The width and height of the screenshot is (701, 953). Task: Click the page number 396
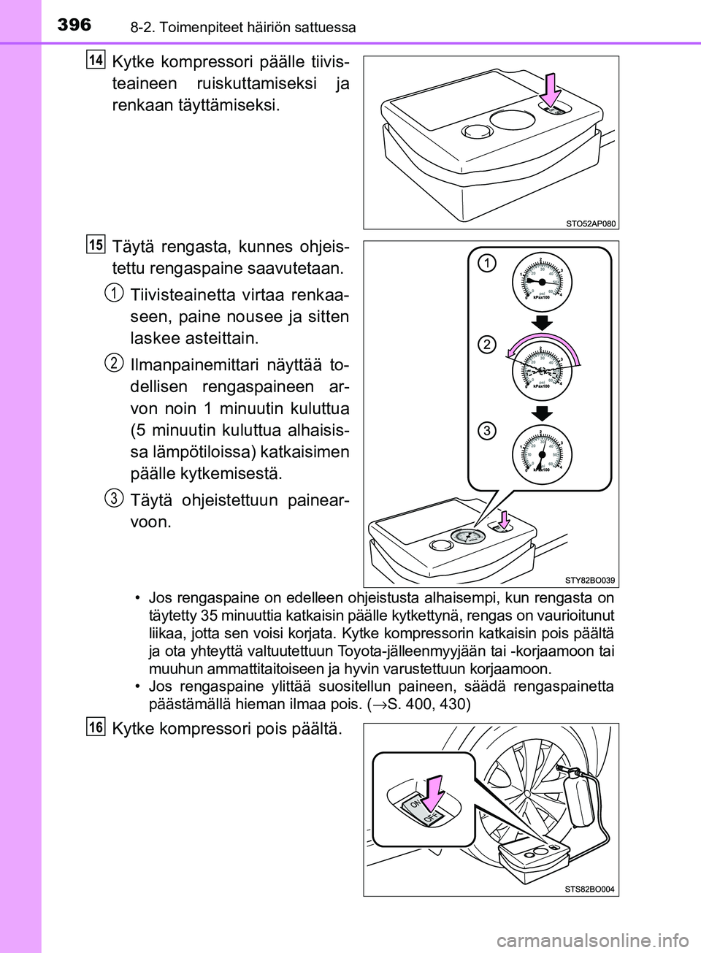pos(74,25)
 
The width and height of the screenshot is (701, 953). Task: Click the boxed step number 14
pos(96,59)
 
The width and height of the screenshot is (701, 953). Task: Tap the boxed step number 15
pos(96,244)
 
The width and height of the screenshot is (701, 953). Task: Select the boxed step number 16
pos(96,727)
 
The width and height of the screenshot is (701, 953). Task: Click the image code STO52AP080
pos(590,223)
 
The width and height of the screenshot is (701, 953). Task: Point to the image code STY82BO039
pos(589,580)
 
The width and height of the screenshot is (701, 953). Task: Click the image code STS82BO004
pos(589,889)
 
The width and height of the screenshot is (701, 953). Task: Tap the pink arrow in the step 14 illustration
pos(551,89)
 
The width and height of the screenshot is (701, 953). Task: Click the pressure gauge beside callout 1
pos(541,282)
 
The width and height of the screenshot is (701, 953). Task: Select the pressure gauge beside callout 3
pos(541,455)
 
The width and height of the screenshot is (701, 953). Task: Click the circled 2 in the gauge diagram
pos(487,344)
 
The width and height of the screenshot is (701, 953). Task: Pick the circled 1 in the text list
pos(113,293)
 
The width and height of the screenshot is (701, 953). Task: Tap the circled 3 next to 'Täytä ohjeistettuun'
pos(113,498)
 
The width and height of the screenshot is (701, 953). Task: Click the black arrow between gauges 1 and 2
pos(541,323)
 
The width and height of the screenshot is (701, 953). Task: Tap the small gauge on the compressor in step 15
pos(468,537)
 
